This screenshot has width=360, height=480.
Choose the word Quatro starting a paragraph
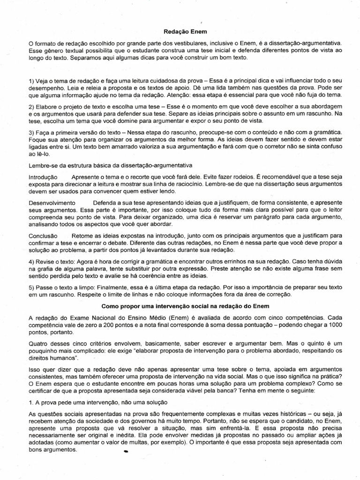pos(38,342)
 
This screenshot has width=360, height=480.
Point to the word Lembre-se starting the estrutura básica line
pos(43,165)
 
